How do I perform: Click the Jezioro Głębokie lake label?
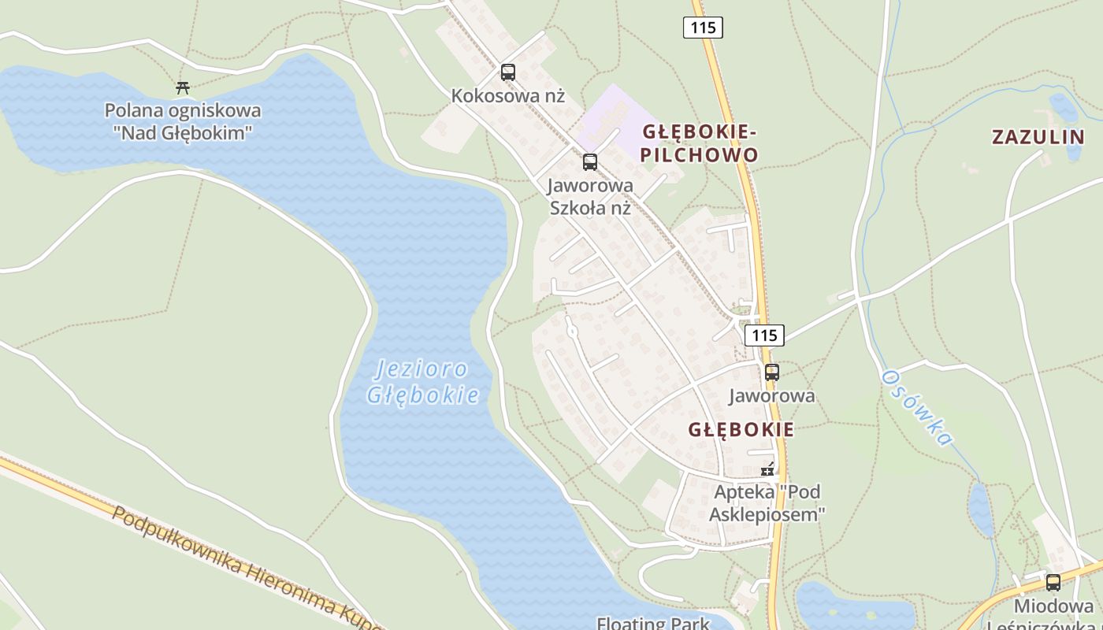[423, 381]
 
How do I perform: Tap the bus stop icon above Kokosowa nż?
[508, 72]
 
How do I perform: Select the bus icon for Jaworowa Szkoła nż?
[590, 162]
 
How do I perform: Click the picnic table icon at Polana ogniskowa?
[183, 87]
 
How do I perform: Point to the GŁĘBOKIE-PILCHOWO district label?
[699, 143]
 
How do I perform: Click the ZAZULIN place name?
[1038, 136]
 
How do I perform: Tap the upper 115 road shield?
[702, 28]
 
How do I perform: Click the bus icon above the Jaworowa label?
[772, 372]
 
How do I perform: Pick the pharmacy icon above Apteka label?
[767, 470]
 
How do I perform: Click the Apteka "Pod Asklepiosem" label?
[767, 503]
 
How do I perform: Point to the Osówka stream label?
[917, 407]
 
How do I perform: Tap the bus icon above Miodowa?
[1053, 583]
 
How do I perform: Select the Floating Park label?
[653, 623]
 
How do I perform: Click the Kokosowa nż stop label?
[508, 96]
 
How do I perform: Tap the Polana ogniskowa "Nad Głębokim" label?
[183, 121]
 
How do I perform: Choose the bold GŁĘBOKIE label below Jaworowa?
[741, 430]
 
